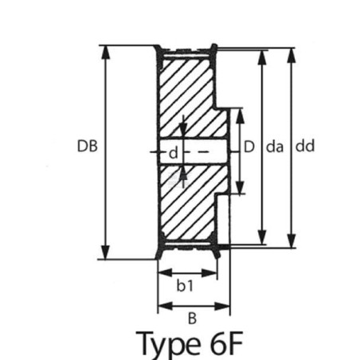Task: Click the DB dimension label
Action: [x=88, y=146]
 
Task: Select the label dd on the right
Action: [x=305, y=146]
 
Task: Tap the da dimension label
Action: [x=275, y=147]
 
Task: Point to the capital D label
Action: [x=249, y=147]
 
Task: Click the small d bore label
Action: [x=174, y=152]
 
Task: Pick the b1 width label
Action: [x=185, y=286]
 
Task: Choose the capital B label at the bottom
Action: [x=192, y=319]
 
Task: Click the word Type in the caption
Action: [x=168, y=343]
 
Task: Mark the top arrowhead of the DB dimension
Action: [x=106, y=53]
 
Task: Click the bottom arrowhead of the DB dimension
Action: [x=106, y=252]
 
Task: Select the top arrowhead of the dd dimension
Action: [x=292, y=56]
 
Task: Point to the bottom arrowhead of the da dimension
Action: [x=262, y=237]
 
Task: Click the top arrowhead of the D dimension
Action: [x=240, y=115]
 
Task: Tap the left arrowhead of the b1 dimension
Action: [x=165, y=272]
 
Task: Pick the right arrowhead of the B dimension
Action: [x=222, y=306]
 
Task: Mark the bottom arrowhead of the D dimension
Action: [x=240, y=187]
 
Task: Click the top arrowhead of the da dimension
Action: [x=262, y=57]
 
